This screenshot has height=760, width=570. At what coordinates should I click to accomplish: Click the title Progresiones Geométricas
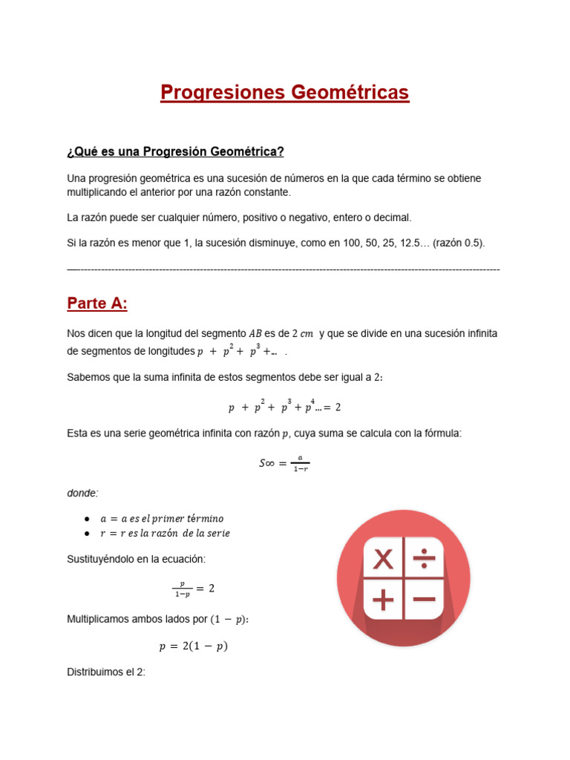pos(284,93)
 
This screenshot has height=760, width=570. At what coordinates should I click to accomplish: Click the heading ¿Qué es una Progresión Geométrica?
pos(175,151)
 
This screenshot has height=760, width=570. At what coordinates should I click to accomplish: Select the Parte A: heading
pos(97,303)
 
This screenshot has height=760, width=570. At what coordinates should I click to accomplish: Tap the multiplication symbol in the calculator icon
pos(383,559)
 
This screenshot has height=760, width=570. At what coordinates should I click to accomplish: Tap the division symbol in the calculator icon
pos(425,558)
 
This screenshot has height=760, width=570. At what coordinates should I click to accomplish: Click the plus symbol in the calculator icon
pos(383,599)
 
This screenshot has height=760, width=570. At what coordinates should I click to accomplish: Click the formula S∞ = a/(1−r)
pos(284,463)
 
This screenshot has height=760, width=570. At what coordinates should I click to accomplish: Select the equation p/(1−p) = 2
pos(192,589)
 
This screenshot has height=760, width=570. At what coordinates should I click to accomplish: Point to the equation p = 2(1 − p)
pos(193,646)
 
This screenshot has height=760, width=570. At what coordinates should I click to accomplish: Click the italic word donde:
pos(82,493)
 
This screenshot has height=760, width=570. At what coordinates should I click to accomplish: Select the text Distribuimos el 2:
pos(106,672)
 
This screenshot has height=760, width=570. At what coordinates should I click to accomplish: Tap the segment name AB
pos(256,334)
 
